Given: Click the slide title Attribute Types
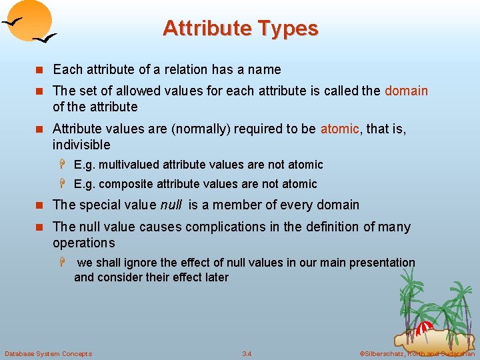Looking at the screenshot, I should point(240,29).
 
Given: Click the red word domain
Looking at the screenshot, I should point(406,91).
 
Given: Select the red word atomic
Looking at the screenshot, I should point(339,129).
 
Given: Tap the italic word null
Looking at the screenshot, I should point(171,205).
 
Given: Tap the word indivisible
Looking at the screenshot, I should point(81,145).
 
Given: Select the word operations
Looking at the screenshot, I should point(84,243).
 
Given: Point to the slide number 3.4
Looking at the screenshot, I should point(247,353).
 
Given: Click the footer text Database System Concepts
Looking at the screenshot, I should point(48,353).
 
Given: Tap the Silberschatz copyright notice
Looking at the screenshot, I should point(417,353).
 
